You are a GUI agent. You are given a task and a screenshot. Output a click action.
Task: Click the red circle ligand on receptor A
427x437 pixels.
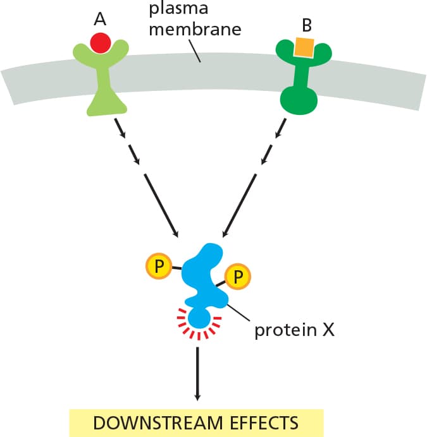101,43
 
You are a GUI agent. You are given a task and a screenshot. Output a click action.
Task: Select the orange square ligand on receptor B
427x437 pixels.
304,47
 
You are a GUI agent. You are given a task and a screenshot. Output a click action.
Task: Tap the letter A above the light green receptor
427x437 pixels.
100,20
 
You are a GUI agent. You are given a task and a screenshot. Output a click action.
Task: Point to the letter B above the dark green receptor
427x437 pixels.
307,25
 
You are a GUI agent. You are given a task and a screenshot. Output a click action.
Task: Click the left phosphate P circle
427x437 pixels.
159,266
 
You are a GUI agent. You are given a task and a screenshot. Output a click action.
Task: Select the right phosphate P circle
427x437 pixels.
238,277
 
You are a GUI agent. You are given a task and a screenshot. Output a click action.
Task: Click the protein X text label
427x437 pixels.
294,330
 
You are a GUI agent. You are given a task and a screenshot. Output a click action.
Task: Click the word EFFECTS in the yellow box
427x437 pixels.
264,422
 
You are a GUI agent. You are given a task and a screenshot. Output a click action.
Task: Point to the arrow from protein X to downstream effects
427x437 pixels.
197,374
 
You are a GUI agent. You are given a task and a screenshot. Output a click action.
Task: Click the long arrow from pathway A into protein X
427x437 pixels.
161,206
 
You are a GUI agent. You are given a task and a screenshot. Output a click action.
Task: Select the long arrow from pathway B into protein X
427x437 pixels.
239,206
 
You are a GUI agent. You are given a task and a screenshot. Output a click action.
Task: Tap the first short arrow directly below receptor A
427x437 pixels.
120,128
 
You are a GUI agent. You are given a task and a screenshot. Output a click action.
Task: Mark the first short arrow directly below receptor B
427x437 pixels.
281,128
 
